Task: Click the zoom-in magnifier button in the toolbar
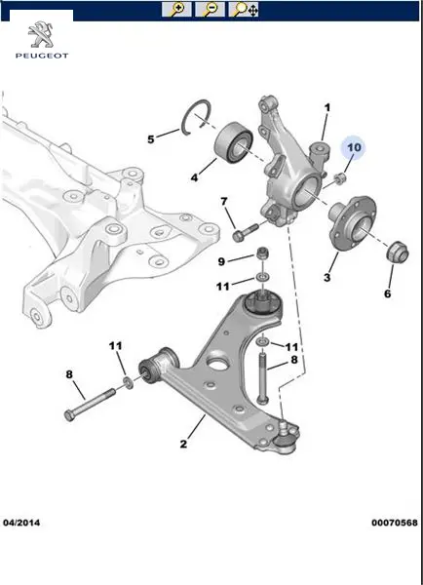(x=176, y=10)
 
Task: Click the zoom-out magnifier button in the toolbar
(x=210, y=10)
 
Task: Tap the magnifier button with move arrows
(x=244, y=10)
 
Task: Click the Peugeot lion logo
(x=41, y=35)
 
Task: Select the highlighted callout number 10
(x=354, y=148)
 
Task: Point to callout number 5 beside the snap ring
(x=151, y=139)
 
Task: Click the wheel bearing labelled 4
(x=235, y=142)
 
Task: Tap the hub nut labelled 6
(x=397, y=252)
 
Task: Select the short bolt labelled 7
(x=245, y=231)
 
